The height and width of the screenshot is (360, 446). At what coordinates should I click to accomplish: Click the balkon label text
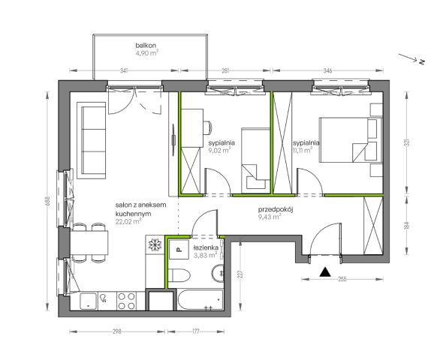point(146,45)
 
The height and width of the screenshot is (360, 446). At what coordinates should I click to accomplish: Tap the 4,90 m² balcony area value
point(146,53)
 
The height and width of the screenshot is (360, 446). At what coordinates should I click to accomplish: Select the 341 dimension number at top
point(124,70)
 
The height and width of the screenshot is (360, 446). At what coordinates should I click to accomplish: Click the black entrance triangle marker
point(324,272)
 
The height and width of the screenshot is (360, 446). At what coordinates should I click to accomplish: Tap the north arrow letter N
point(422,61)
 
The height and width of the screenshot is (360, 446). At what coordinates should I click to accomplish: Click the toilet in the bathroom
point(179,274)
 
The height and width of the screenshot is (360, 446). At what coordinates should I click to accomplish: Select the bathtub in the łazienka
point(200,300)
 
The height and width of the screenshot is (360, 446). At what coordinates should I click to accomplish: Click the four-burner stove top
point(126,301)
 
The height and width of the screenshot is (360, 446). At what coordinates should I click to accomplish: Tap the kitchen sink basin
point(89,301)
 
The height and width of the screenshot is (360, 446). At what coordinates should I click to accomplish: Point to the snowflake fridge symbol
point(155,244)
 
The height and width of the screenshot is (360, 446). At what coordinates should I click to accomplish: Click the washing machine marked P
point(179,250)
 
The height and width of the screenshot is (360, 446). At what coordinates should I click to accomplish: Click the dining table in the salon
point(89,243)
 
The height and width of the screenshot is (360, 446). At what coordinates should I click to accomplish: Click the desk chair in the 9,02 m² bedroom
point(208,127)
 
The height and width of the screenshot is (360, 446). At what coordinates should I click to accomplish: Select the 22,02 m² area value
point(129,221)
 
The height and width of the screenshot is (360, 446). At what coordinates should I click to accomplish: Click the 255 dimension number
point(342,279)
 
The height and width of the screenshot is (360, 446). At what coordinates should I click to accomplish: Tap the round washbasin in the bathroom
point(218,273)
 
